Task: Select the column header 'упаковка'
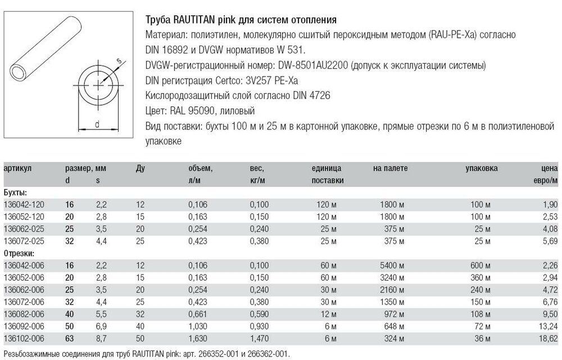click(x=482, y=168)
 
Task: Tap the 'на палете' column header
click(x=390, y=168)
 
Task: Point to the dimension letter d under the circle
click(x=97, y=124)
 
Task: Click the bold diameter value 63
click(x=71, y=339)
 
